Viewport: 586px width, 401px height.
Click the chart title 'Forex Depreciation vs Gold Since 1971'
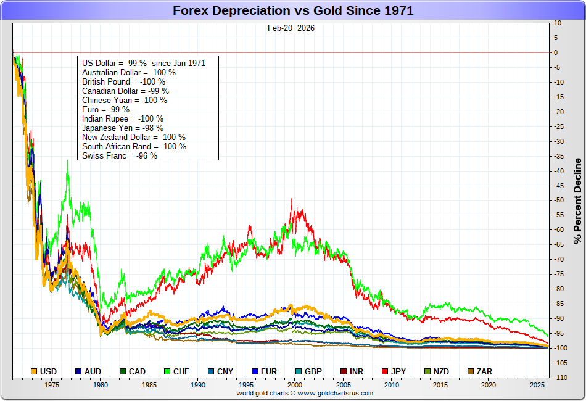[293, 10]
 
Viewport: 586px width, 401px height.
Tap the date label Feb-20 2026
[291, 28]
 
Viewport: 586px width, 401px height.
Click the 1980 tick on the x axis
[100, 385]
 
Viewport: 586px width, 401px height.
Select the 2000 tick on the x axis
[294, 385]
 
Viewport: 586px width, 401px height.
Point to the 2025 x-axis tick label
[537, 385]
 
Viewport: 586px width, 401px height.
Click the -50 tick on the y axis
[558, 200]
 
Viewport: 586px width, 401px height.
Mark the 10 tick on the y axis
[558, 23]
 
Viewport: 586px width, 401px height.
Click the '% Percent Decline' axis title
[577, 201]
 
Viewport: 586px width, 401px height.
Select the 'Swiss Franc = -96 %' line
[120, 155]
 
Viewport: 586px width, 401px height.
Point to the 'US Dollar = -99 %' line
[143, 63]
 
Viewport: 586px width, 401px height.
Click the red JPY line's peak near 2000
[292, 199]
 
